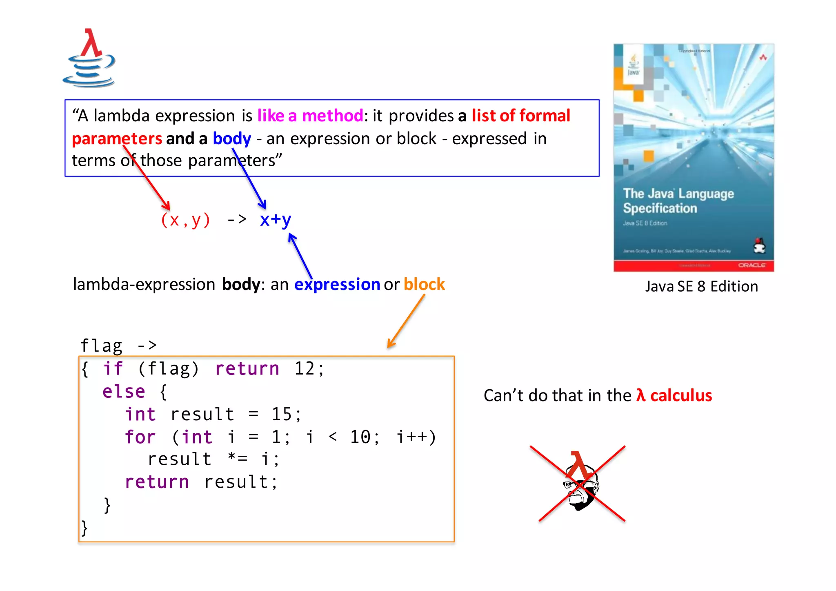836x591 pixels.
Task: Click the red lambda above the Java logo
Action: pos(91,43)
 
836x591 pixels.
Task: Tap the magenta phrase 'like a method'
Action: pos(310,116)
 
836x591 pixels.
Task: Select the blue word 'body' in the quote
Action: pos(231,139)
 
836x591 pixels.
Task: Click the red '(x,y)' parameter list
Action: pos(185,220)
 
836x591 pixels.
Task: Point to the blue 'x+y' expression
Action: pos(276,220)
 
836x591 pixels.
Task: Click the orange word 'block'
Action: pos(424,284)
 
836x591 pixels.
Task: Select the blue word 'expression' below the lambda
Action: pos(337,284)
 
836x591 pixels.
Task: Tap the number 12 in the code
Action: pos(305,369)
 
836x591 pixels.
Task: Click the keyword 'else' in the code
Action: pos(124,392)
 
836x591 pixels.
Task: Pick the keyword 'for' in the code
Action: pos(140,437)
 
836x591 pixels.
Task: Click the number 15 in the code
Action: pos(282,415)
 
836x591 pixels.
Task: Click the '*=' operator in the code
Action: pos(238,459)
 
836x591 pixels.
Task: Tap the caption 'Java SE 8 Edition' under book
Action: pos(701,287)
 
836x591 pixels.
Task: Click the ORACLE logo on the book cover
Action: pos(752,265)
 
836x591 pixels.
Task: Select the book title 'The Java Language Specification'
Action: pos(678,201)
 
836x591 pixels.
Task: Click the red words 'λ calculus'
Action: pos(674,396)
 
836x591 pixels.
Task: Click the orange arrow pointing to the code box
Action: pos(406,321)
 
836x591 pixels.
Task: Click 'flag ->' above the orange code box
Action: pos(118,346)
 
